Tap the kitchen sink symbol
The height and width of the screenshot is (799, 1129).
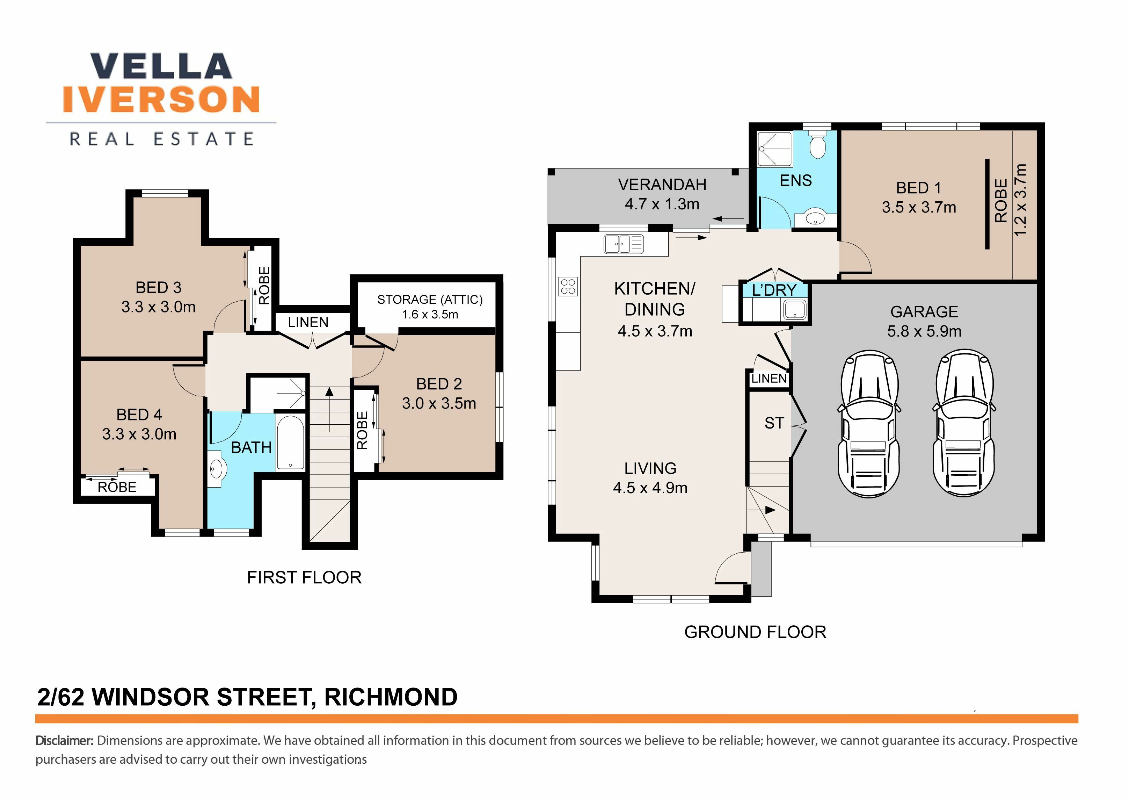click(x=624, y=244)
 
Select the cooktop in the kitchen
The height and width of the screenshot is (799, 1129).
click(x=568, y=286)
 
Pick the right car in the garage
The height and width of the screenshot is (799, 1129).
click(x=964, y=423)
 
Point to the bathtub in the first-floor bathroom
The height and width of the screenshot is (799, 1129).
click(x=290, y=443)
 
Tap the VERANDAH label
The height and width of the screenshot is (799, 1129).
click(x=662, y=185)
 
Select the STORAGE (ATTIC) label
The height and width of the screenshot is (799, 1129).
click(x=430, y=300)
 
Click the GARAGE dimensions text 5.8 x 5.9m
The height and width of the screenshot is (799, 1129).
click(x=924, y=331)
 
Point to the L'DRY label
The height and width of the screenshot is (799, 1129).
click(x=774, y=290)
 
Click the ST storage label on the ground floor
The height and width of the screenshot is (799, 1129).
click(x=774, y=423)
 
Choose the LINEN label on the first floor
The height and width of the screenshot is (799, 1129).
click(x=308, y=322)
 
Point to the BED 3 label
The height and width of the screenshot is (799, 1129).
click(x=158, y=287)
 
